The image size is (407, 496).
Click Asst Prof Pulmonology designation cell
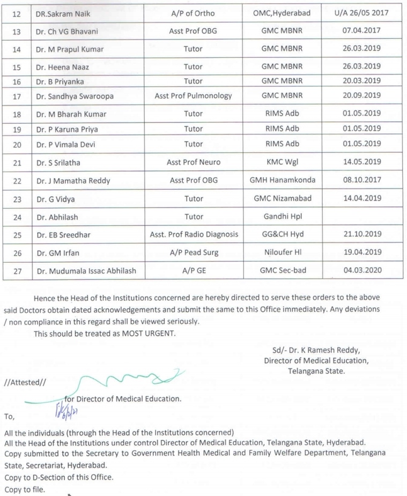(x=193, y=96)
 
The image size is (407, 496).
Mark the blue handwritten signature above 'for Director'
(x=131, y=382)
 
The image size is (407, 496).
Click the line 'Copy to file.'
(x=25, y=490)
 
